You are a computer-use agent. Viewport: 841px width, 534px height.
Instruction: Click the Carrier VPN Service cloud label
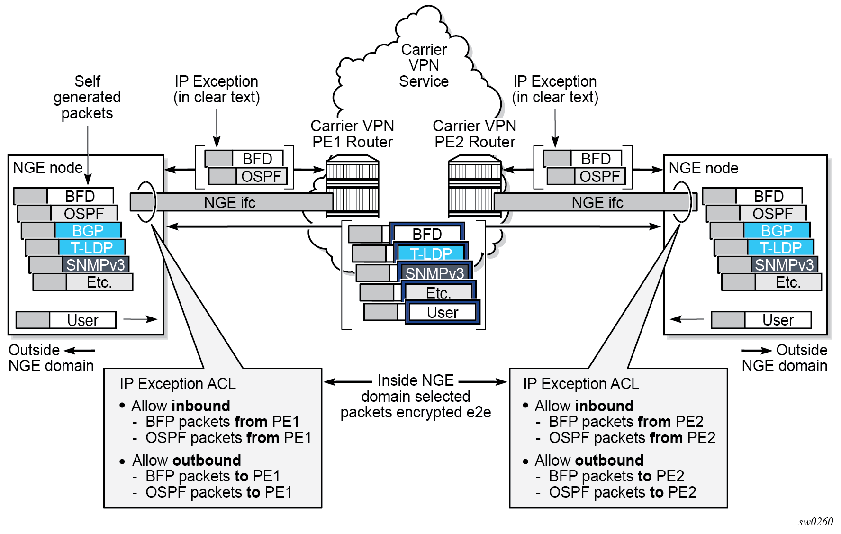[424, 65]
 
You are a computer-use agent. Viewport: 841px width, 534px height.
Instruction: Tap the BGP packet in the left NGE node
[88, 231]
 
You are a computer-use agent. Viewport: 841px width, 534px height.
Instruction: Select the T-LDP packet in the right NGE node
[780, 248]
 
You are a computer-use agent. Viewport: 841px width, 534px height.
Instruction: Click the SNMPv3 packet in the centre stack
[434, 273]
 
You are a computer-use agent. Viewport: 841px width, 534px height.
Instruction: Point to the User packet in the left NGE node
[82, 320]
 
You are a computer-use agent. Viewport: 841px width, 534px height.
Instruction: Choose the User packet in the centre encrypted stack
[443, 313]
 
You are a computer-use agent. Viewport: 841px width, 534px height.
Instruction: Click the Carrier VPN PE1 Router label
[352, 134]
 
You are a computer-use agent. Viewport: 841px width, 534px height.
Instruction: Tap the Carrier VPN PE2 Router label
[474, 134]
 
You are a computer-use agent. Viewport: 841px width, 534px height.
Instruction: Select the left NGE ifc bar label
[230, 203]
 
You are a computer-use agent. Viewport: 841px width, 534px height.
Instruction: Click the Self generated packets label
[87, 97]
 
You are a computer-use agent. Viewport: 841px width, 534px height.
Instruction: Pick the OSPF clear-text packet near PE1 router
[261, 177]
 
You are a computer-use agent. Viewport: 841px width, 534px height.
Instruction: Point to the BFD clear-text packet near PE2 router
[596, 159]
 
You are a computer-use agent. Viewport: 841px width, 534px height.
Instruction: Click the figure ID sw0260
[815, 522]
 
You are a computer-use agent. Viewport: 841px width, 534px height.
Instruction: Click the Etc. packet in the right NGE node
[787, 282]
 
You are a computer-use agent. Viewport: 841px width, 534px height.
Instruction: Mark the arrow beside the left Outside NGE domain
[80, 351]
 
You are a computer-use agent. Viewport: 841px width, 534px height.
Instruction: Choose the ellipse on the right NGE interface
[681, 202]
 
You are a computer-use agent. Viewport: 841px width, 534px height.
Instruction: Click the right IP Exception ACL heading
[581, 383]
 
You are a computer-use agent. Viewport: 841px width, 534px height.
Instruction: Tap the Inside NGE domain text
[416, 380]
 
